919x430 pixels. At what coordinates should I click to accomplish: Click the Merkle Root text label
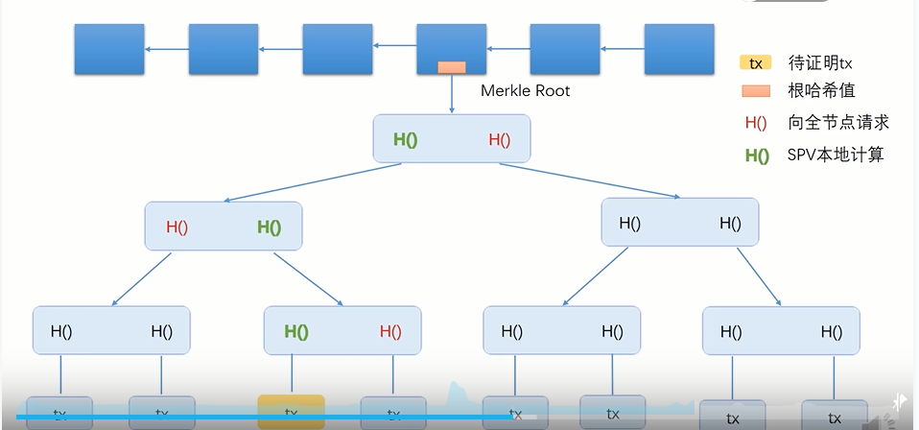point(525,91)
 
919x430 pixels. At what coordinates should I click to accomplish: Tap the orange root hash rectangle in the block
point(451,68)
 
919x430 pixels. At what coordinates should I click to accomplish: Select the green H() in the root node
point(406,139)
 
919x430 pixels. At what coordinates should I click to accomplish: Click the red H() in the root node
point(499,139)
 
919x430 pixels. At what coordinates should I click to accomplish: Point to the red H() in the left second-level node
point(177,227)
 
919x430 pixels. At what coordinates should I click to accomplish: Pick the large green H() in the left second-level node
point(269,227)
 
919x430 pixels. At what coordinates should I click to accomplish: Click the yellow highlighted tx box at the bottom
point(291,412)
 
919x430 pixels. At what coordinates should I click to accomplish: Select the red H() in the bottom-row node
point(390,332)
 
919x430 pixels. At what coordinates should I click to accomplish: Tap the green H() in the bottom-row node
point(295,332)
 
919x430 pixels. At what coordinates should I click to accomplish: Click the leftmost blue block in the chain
point(109,50)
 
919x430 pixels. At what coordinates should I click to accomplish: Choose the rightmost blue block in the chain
point(679,50)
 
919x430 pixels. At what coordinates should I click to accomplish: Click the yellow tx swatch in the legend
point(756,63)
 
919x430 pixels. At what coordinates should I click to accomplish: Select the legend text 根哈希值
point(821,91)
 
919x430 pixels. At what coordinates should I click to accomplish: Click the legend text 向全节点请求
point(838,122)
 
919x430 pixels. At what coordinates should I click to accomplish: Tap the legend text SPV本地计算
point(836,154)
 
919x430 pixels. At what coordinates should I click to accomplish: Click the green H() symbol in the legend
point(757,155)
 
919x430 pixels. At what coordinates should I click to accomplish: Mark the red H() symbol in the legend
point(756,123)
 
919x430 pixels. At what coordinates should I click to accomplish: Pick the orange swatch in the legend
point(756,91)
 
